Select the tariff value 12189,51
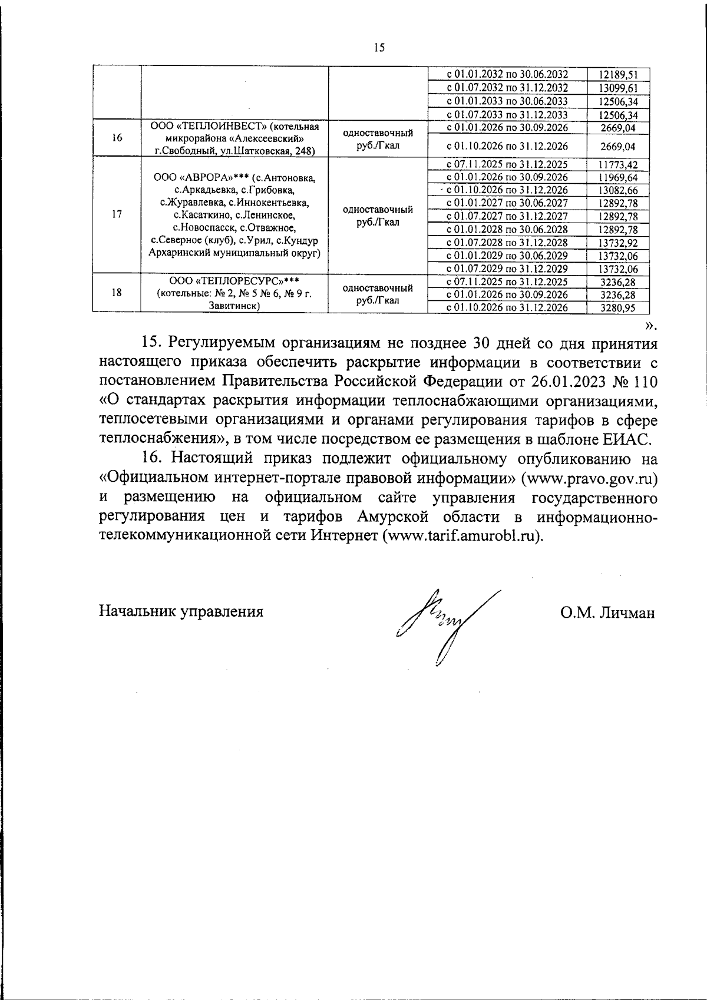click(618, 75)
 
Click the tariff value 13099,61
click(618, 88)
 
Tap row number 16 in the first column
click(117, 138)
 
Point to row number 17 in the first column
click(117, 214)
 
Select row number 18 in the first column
click(117, 292)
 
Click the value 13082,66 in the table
click(618, 190)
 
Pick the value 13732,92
click(618, 243)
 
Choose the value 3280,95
click(618, 307)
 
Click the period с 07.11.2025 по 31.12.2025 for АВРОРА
click(507, 164)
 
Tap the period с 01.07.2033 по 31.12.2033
click(507, 115)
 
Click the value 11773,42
click(618, 164)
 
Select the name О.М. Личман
click(607, 612)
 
